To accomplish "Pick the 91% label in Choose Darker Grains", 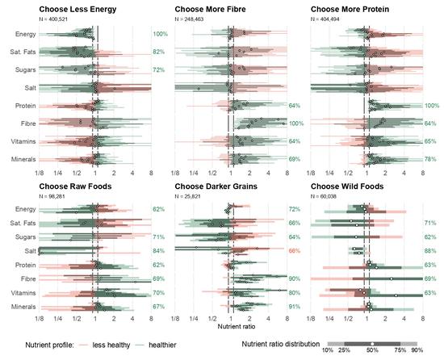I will pyautogui.click(x=295, y=306).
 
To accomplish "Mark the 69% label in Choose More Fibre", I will pyautogui.click(x=295, y=159).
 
